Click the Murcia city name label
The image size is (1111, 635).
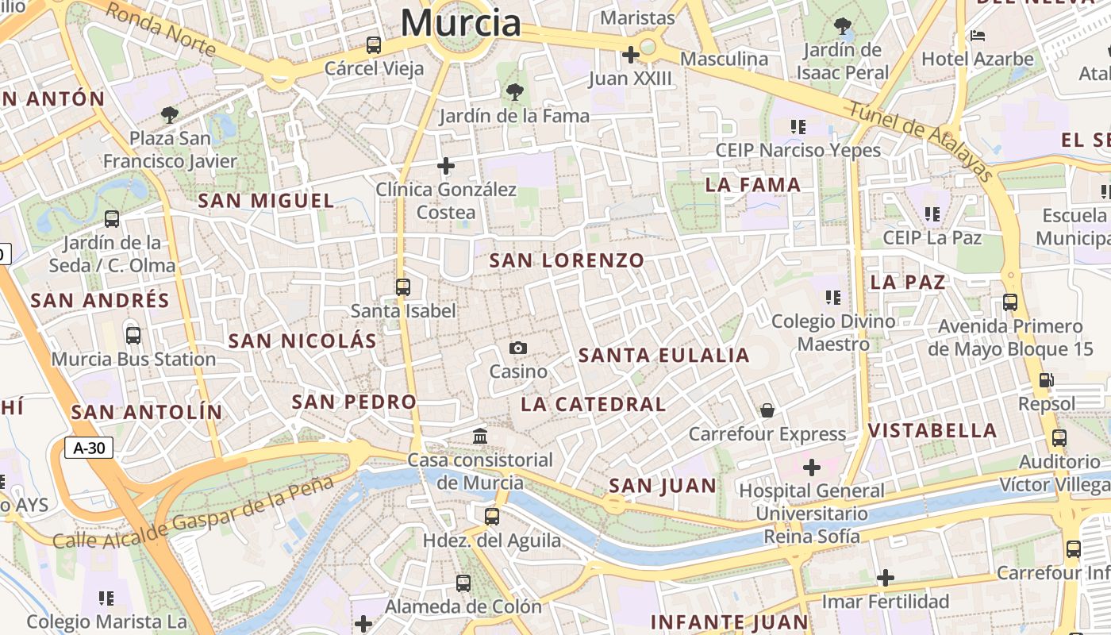(460, 22)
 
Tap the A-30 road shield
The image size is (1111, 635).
(89, 448)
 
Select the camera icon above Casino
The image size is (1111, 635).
(518, 348)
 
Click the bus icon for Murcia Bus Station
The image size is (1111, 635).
(133, 336)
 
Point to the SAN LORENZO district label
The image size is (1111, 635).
(567, 260)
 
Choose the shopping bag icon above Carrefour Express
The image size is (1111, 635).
(767, 410)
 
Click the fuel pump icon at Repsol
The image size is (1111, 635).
(1047, 380)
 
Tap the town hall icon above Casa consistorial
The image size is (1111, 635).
(480, 437)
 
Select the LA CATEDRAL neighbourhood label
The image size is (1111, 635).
(594, 404)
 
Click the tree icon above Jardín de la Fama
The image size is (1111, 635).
(515, 92)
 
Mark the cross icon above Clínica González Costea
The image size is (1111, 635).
(446, 166)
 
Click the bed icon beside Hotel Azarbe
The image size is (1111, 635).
(978, 36)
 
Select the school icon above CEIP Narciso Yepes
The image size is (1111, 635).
(798, 126)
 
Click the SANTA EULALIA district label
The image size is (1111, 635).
(664, 356)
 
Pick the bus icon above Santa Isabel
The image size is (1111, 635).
(403, 287)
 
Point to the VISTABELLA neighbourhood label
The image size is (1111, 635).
(932, 431)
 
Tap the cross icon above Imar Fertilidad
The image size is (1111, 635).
(886, 578)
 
